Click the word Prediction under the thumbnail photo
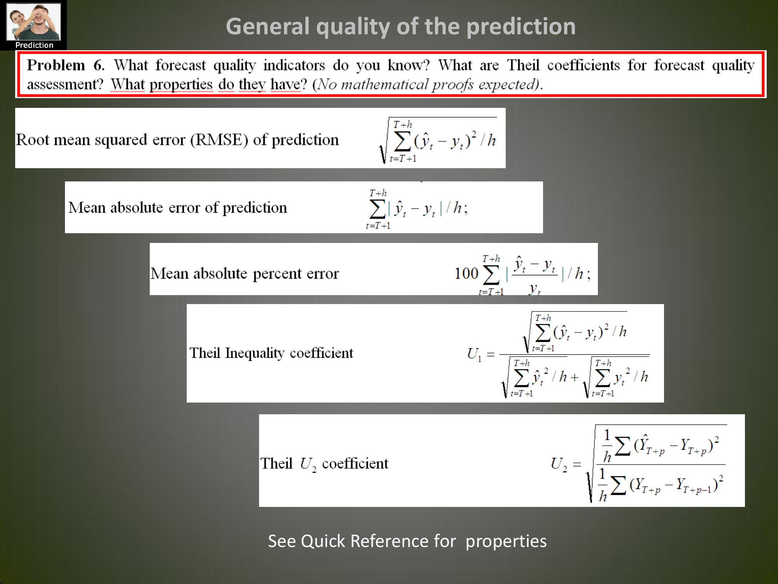34,45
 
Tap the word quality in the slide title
353,27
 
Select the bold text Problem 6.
65,65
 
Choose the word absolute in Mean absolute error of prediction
137,208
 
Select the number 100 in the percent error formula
466,273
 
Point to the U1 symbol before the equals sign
474,354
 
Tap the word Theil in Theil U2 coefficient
276,463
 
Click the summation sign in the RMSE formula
402,141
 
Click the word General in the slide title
267,26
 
